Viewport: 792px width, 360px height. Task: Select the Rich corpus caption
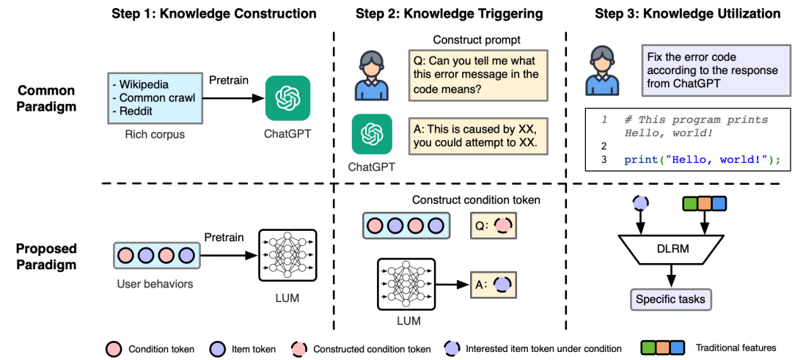(155, 135)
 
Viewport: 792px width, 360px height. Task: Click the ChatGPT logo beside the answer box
(372, 133)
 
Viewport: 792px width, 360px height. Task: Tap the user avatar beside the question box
(371, 75)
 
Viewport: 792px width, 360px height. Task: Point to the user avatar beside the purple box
(602, 70)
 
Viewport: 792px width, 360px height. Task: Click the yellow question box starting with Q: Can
(477, 75)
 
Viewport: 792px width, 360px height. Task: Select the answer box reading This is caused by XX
(477, 136)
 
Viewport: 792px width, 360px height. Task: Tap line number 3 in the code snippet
(604, 160)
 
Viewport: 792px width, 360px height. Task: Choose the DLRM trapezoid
(672, 249)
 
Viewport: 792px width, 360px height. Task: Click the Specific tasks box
(670, 299)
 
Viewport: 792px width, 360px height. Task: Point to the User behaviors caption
(155, 284)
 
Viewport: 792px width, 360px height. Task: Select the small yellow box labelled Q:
(493, 226)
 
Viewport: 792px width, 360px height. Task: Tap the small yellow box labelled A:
(493, 284)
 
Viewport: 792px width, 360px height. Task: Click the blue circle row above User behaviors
(156, 255)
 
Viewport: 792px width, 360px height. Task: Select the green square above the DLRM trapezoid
(690, 204)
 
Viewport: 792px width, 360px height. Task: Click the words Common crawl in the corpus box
(157, 98)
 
